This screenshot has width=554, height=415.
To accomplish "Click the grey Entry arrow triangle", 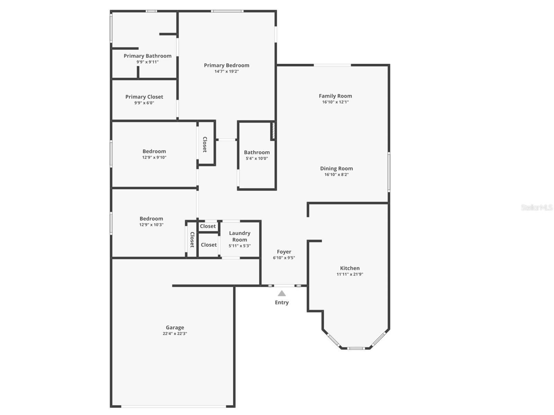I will (x=282, y=294).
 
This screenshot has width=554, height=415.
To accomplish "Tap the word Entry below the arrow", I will (x=282, y=303).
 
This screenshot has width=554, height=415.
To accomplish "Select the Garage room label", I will (x=175, y=327).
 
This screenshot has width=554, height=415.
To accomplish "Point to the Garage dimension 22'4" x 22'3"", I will (x=175, y=334).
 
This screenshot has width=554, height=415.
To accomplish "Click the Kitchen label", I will (x=350, y=268).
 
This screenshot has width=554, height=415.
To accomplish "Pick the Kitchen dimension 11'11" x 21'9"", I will (x=350, y=274).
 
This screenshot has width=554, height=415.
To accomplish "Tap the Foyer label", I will (x=284, y=252).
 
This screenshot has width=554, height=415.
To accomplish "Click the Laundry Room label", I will (x=240, y=236).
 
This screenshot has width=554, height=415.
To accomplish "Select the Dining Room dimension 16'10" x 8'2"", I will (x=336, y=174).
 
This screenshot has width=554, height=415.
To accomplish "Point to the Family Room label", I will (x=335, y=96).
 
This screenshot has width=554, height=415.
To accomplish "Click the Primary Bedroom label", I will (x=226, y=65).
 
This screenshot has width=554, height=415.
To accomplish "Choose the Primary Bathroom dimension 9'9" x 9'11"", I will (x=148, y=62).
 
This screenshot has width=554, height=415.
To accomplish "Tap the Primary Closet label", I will (x=144, y=97).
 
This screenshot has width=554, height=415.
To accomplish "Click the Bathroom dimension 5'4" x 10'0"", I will (x=257, y=159).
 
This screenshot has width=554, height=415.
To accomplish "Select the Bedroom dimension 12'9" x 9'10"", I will (x=154, y=157).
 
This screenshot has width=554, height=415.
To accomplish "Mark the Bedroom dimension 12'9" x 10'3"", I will (x=151, y=225).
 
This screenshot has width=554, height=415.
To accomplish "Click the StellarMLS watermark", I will (x=537, y=208).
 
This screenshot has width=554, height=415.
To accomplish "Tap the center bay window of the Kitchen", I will (x=356, y=348).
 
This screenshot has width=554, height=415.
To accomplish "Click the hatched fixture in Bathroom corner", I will (x=273, y=131).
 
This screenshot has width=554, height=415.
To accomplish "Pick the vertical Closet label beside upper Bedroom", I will (x=205, y=144).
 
